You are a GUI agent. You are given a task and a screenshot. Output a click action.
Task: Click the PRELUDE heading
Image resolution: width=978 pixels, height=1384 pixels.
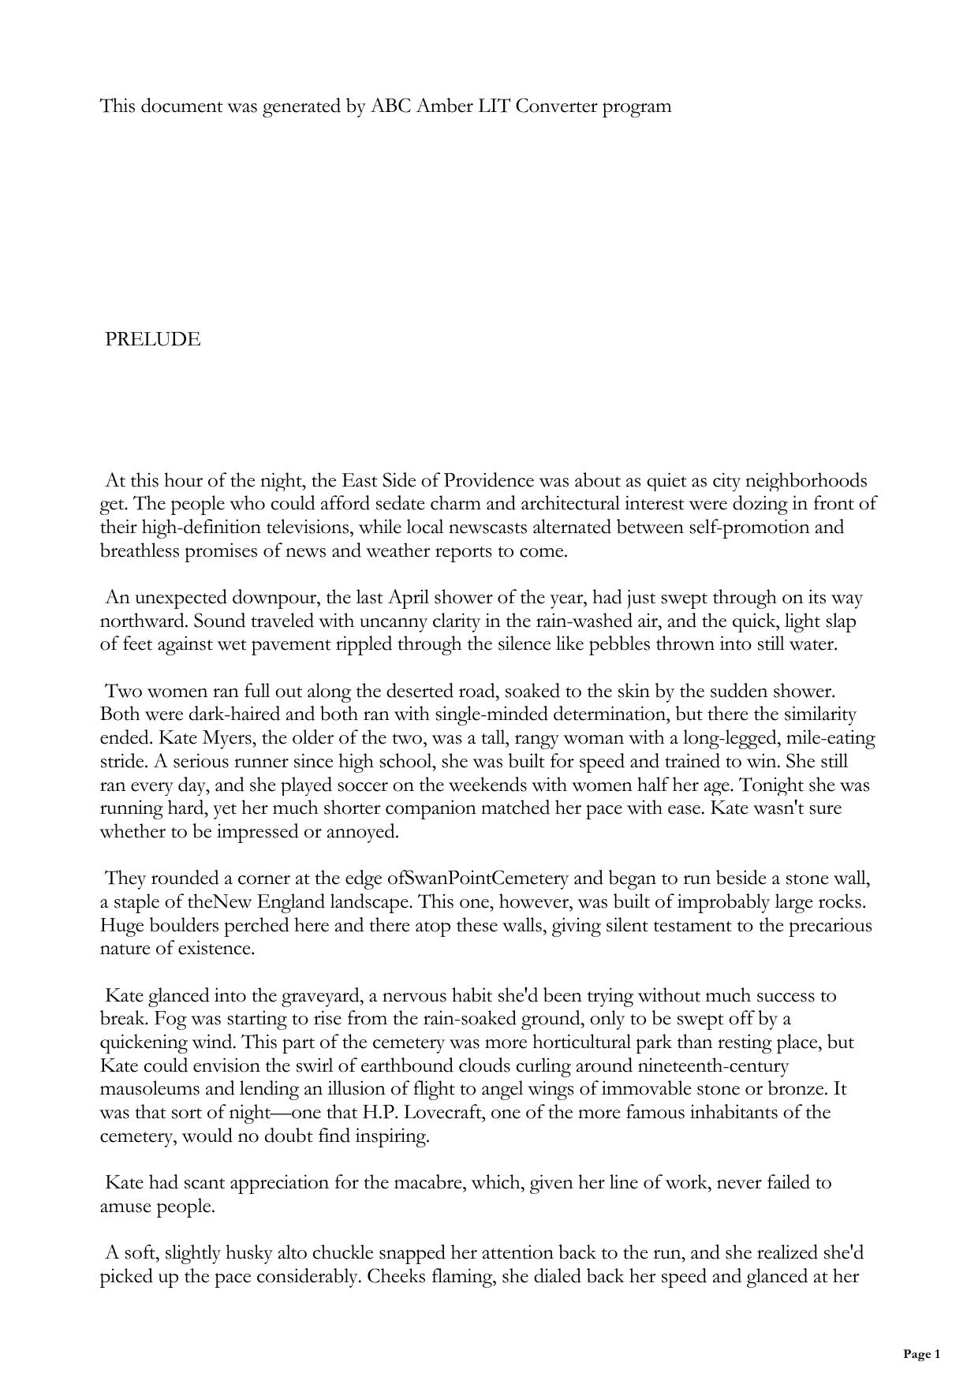coord(153,340)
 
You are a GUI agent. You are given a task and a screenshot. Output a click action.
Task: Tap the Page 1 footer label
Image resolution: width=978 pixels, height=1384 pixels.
coord(921,1354)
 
